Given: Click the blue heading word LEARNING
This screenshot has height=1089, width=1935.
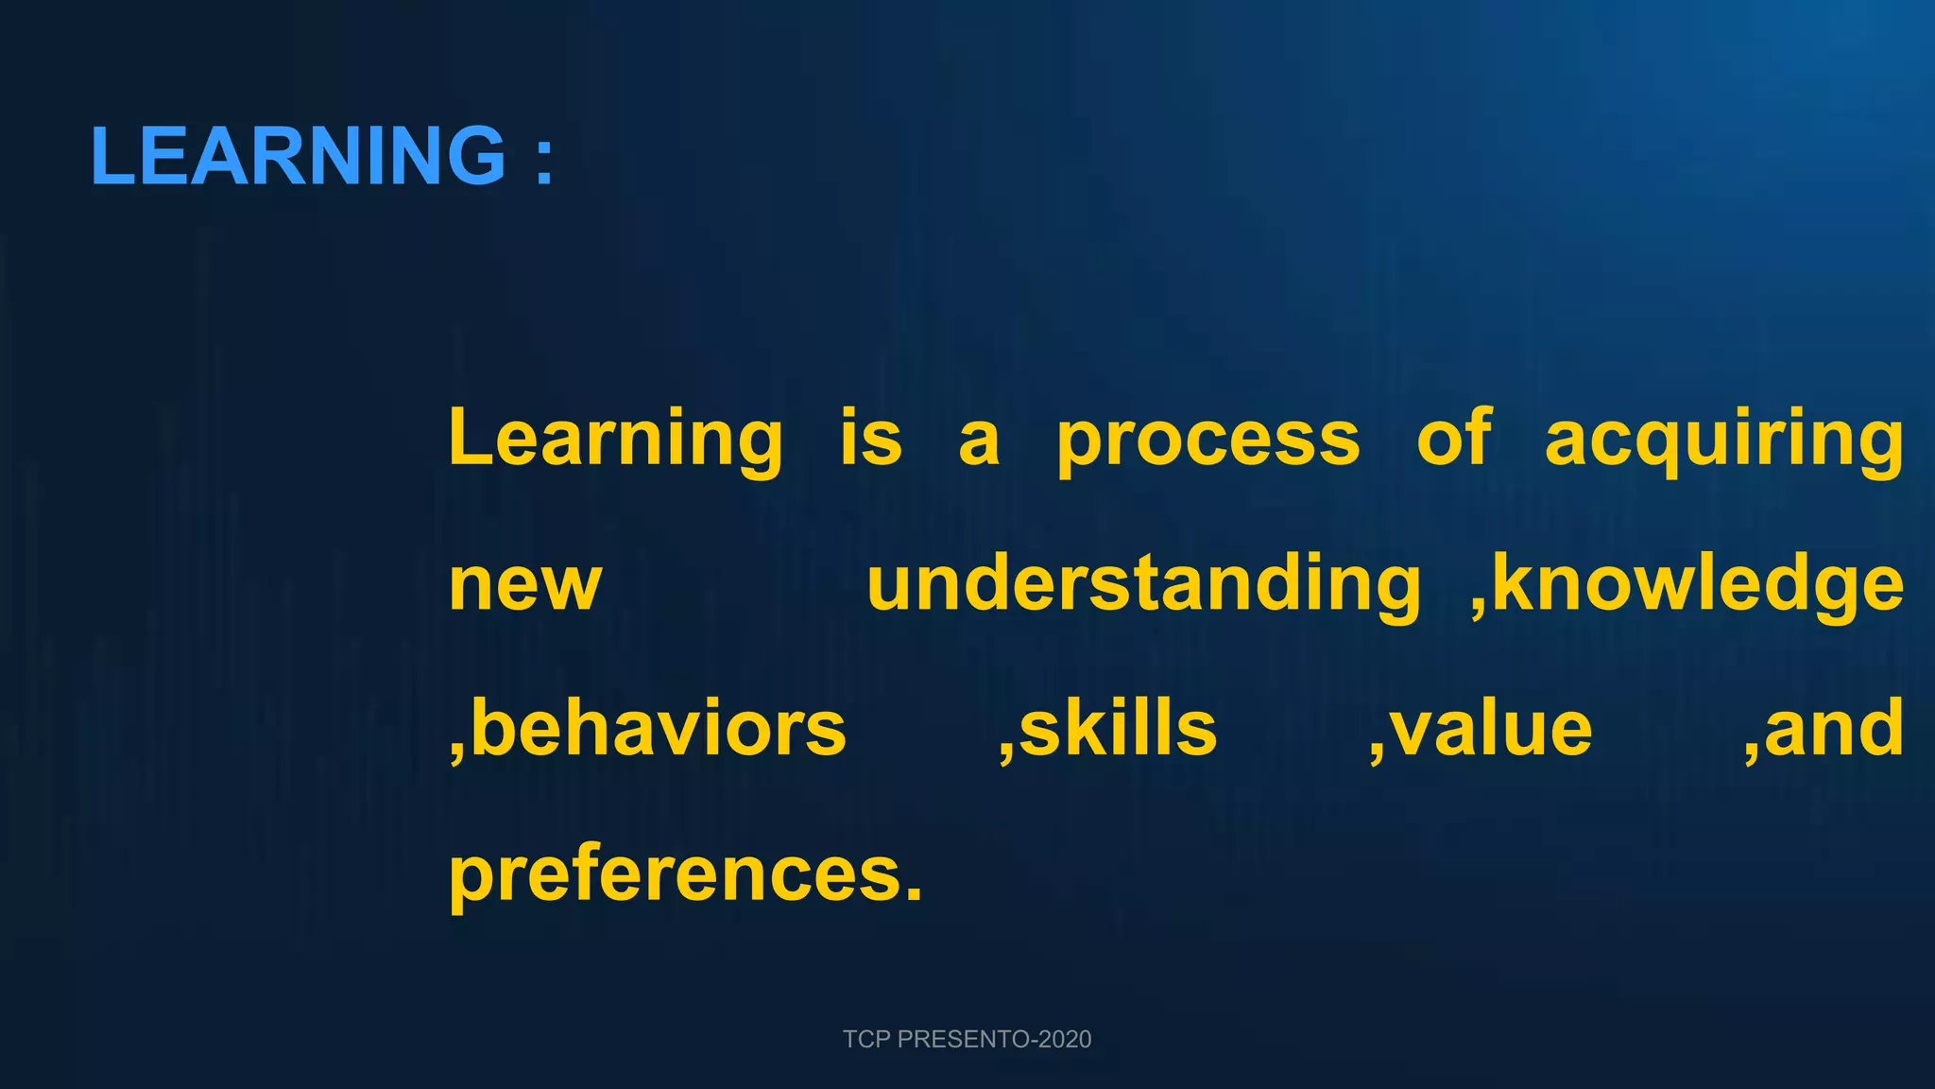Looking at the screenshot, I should coord(299,156).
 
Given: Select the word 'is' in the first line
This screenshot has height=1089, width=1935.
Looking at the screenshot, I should coord(871,438).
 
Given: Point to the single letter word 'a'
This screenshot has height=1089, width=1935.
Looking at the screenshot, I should coord(979,442).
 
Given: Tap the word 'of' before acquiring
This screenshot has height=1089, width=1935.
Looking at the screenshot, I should coord(1454,438).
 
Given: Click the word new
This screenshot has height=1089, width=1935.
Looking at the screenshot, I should coord(525,586).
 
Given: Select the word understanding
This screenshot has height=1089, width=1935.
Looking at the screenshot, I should coord(1143,586).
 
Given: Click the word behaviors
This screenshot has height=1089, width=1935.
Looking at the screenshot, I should coord(659,730).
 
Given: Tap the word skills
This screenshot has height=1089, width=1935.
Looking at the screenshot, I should coord(1119,730).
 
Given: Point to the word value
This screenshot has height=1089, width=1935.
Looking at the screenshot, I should coord(1492,730).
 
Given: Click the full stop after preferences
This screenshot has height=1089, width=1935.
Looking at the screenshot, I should coord(913,895).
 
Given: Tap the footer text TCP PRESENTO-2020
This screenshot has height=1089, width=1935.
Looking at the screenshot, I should coord(967,1039).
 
